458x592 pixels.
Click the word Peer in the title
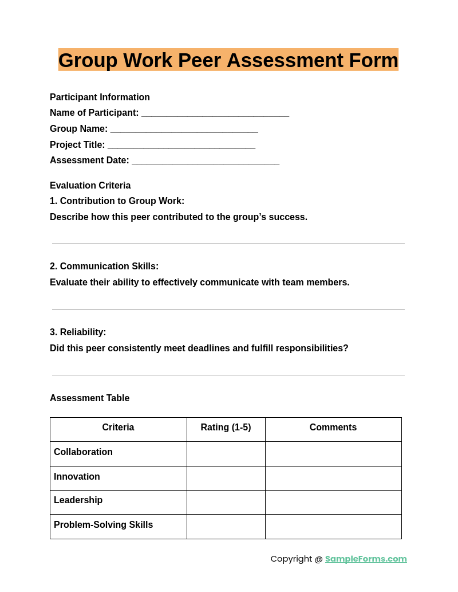(199, 60)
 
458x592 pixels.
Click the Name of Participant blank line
(215, 114)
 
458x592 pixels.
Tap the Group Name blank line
(184, 130)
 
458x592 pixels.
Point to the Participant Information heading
(100, 97)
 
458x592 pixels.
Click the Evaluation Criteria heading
(90, 186)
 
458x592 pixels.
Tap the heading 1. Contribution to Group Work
(117, 201)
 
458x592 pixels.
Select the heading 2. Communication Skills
(104, 266)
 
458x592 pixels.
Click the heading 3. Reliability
(78, 332)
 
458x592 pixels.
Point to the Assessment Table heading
(89, 398)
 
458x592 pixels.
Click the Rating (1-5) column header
(226, 428)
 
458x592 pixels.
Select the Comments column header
(333, 428)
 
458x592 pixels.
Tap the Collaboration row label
(83, 452)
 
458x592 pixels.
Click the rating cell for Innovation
(226, 478)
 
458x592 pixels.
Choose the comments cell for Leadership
(333, 502)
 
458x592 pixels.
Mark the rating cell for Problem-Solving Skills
(226, 527)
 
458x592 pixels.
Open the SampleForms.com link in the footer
(366, 559)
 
